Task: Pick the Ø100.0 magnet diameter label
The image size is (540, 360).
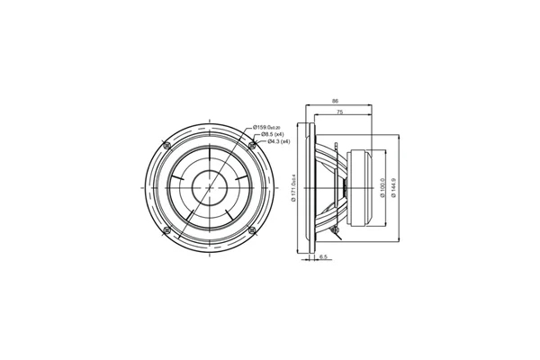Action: tap(384, 187)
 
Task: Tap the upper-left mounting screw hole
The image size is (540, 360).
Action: tap(166, 145)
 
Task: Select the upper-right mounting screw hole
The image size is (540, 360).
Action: tap(251, 145)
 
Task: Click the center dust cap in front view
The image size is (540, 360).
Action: tap(209, 187)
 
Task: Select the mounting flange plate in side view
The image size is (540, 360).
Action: tap(312, 187)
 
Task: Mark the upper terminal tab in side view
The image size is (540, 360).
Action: tap(335, 144)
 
